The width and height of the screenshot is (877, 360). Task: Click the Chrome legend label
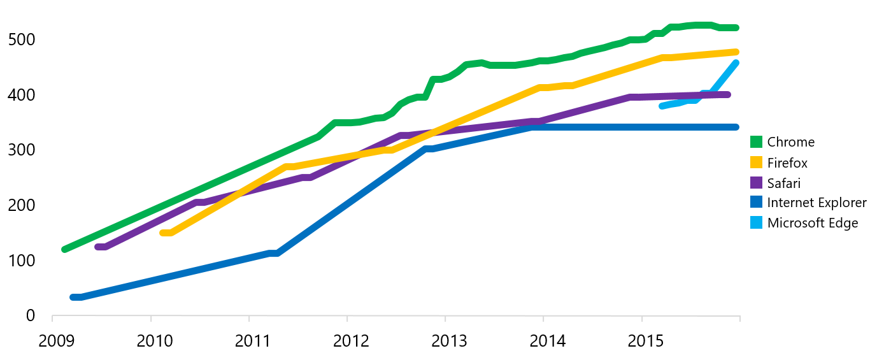(790, 142)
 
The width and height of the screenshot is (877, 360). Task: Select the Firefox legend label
(787, 163)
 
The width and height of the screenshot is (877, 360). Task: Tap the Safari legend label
(783, 184)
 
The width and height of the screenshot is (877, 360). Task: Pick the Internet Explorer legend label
(816, 203)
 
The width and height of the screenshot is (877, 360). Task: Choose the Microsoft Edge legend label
(813, 223)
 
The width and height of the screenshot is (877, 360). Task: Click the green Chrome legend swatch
(756, 142)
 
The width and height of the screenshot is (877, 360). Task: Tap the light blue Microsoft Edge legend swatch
(756, 223)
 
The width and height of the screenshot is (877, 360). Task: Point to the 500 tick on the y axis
(22, 40)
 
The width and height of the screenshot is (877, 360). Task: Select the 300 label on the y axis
(22, 150)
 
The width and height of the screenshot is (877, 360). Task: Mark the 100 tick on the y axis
(22, 261)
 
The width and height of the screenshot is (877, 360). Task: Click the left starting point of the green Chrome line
(64, 249)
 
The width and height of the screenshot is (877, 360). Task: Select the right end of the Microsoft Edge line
(736, 63)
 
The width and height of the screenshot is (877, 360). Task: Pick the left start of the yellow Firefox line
(163, 233)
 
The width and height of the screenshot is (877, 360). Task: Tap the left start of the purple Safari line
(98, 247)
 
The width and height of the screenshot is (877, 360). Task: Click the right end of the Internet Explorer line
(736, 127)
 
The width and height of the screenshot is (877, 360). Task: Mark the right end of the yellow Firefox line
(736, 52)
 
